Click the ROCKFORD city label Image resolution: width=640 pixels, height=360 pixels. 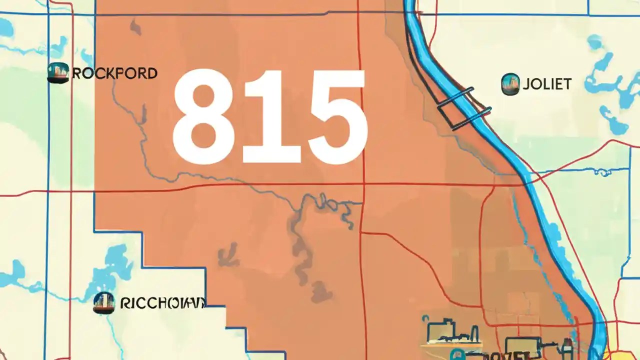[x=114, y=73]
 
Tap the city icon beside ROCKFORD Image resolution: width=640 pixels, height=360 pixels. [x=57, y=73]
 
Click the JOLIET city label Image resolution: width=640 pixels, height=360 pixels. [x=546, y=83]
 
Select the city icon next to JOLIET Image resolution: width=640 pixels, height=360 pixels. [x=510, y=83]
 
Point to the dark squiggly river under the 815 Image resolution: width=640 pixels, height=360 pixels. [x=300, y=240]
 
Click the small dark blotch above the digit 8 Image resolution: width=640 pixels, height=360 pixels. [x=135, y=27]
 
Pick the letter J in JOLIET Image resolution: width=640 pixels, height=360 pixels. [x=526, y=83]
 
